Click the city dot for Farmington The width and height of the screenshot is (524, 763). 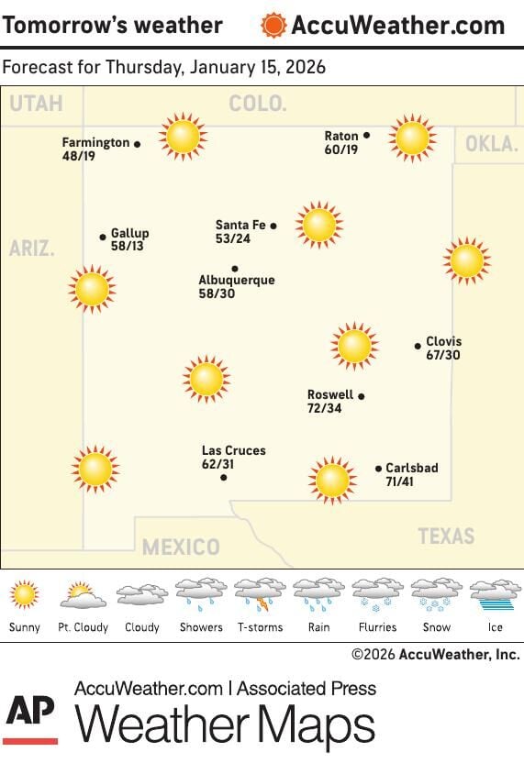coord(137,144)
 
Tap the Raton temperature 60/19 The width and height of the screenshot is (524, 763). coord(341,149)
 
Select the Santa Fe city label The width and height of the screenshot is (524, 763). coord(240,225)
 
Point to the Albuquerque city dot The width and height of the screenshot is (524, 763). coord(235,269)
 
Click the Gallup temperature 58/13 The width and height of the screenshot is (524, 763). coord(127,247)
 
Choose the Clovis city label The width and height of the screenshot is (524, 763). coord(444,341)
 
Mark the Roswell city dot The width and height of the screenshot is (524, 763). coord(362,396)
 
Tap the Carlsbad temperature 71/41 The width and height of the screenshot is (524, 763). coord(400,481)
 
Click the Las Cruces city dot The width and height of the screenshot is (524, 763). coord(224,477)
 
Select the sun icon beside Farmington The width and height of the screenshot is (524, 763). coord(182,137)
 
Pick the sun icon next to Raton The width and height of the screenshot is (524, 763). coord(411,138)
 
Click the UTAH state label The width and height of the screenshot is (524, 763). coord(36,104)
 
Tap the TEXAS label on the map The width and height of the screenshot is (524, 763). coord(446,536)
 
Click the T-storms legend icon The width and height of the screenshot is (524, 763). coord(260,595)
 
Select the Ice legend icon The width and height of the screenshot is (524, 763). coord(495,595)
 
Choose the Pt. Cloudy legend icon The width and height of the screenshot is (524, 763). coord(84,595)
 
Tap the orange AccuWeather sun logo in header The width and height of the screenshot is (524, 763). coord(273,25)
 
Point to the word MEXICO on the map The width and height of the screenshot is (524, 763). coord(181,547)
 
